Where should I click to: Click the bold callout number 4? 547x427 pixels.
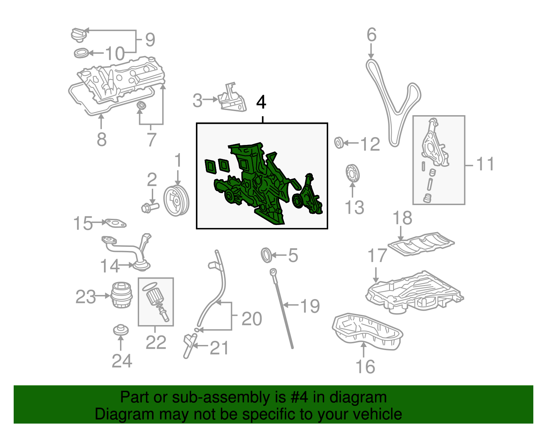[261, 102]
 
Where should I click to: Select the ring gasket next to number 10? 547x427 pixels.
[81, 53]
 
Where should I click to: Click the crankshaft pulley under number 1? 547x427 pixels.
[176, 200]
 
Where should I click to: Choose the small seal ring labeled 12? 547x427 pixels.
[339, 143]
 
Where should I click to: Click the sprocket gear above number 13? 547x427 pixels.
[352, 173]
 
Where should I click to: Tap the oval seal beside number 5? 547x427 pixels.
[266, 255]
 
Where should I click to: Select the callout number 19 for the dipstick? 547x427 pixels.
[310, 306]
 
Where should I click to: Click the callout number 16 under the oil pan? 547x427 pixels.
[365, 366]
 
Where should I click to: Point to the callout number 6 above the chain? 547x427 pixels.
[372, 35]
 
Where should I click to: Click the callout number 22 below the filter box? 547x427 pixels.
[156, 342]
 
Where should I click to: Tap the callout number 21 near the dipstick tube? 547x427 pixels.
[219, 348]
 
